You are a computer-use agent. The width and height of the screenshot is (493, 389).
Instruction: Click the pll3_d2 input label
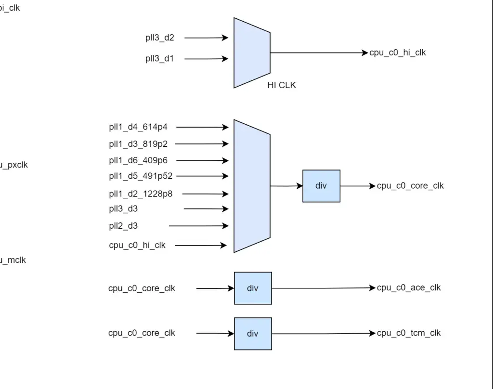160,38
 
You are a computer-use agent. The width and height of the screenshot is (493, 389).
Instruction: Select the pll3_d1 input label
160,59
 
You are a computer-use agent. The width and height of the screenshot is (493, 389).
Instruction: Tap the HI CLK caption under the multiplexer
282,85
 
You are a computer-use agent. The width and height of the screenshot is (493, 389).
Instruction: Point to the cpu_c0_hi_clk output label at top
398,53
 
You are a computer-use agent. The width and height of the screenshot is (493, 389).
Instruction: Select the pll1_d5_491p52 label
141,176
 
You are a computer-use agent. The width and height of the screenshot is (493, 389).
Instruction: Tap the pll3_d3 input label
123,208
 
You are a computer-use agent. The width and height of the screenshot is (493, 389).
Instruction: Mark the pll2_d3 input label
123,226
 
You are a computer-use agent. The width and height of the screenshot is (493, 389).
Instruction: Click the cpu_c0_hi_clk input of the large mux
137,245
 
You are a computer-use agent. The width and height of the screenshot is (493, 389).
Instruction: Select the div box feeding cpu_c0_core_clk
321,186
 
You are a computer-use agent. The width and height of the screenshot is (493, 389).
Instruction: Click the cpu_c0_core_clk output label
410,186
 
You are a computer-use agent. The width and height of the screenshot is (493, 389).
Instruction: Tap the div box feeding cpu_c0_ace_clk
253,288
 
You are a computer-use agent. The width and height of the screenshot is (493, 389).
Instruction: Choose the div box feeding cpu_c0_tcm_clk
253,333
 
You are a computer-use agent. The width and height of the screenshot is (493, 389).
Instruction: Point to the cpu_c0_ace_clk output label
409,288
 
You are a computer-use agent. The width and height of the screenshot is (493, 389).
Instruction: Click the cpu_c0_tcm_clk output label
409,333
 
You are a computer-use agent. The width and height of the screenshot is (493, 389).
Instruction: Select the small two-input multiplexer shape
252,53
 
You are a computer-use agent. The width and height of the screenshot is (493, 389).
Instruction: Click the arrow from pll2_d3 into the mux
198,226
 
